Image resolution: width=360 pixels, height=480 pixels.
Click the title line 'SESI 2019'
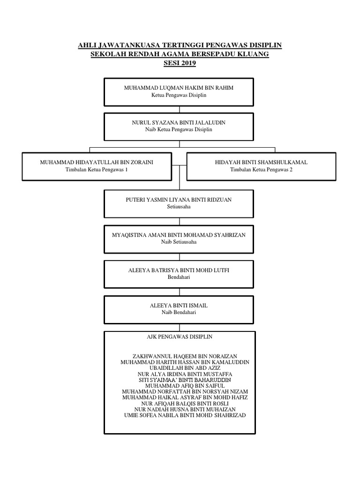pyautogui.click(x=180, y=63)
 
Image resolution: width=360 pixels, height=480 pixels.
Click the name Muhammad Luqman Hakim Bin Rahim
pyautogui.click(x=179, y=88)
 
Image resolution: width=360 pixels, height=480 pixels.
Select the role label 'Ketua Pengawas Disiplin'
pyautogui.click(x=179, y=95)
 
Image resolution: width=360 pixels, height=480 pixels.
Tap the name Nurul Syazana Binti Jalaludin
pyautogui.click(x=179, y=122)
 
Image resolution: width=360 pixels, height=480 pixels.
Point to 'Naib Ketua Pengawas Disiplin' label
pyautogui.click(x=179, y=129)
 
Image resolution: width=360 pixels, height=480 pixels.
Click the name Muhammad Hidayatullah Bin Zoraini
pyautogui.click(x=97, y=162)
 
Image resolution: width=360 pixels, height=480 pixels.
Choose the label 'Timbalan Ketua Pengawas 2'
pyautogui.click(x=262, y=170)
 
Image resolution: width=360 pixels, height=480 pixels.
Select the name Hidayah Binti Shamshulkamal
pyautogui.click(x=262, y=162)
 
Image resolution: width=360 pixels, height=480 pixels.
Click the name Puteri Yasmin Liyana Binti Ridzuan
pyautogui.click(x=179, y=200)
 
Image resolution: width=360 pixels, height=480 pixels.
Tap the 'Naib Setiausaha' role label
pyautogui.click(x=179, y=242)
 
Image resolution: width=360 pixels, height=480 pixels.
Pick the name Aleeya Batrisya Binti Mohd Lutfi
pyautogui.click(x=179, y=270)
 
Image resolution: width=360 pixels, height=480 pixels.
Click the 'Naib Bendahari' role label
pyautogui.click(x=179, y=313)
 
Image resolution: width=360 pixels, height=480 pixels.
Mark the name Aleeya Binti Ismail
pyautogui.click(x=179, y=306)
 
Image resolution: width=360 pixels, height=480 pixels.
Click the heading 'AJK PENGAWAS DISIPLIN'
pyautogui.click(x=180, y=337)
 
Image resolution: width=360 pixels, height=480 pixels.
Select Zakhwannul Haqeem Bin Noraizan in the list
pyautogui.click(x=185, y=356)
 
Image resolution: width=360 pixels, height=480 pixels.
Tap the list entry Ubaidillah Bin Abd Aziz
pyautogui.click(x=185, y=368)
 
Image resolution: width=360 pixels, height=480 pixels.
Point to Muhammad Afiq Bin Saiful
pyautogui.click(x=185, y=386)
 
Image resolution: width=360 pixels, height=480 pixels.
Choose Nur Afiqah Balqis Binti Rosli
pyautogui.click(x=185, y=404)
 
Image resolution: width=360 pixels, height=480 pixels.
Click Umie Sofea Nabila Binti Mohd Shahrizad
pyautogui.click(x=185, y=415)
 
